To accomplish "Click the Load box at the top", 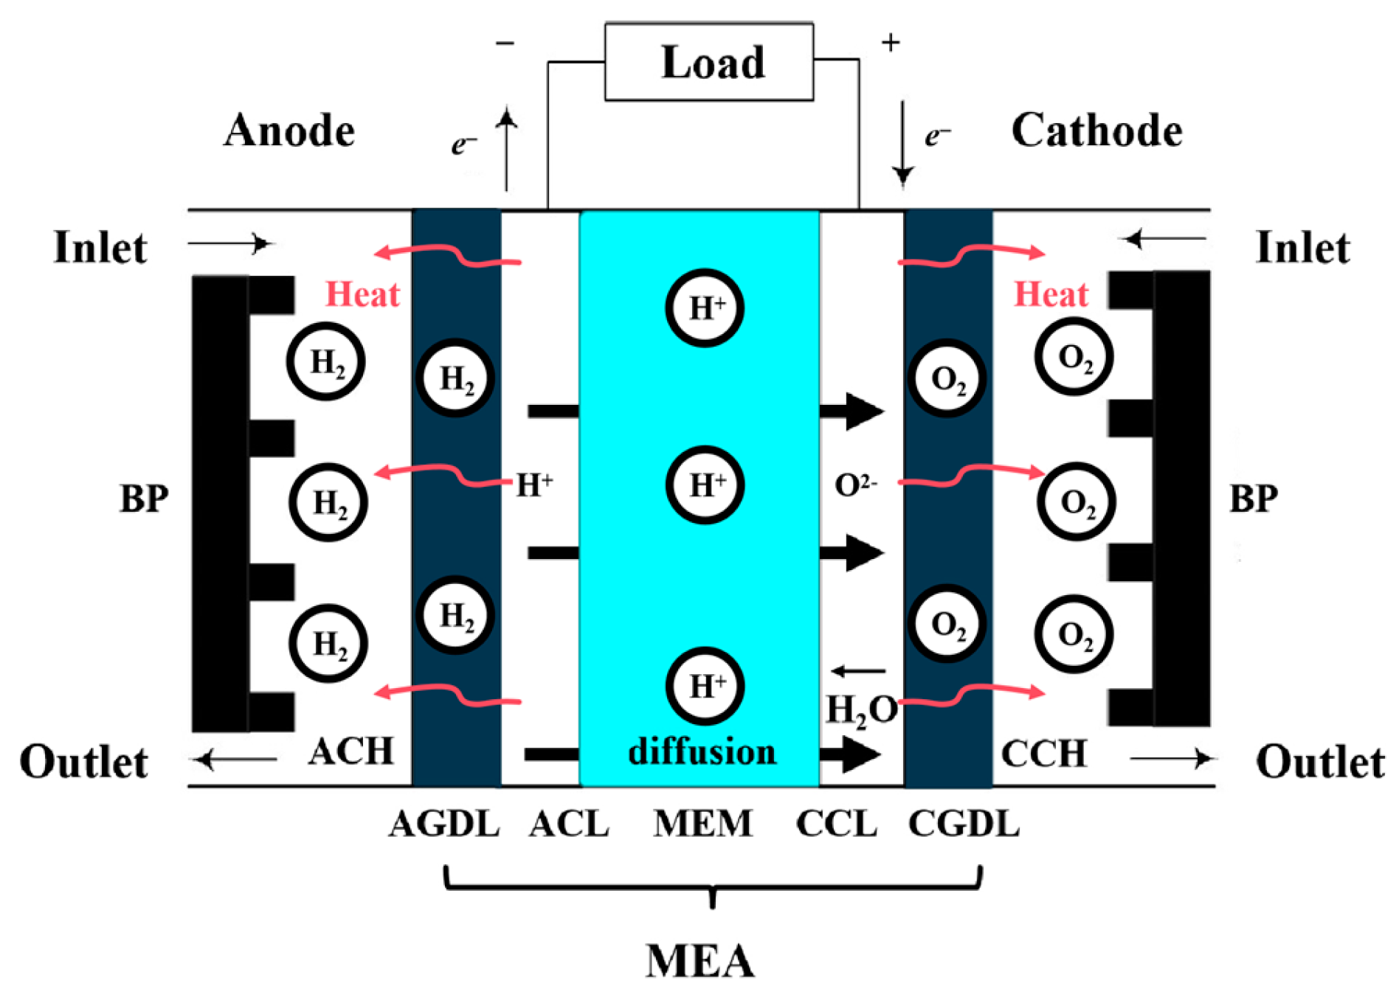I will coord(709,62).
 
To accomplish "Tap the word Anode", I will coord(289,131).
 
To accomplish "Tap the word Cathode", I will coord(1096,131).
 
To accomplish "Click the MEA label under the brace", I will coord(700,961).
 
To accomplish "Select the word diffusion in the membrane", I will coord(702,752).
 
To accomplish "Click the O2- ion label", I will coord(855,485).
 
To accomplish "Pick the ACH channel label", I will coord(351,752).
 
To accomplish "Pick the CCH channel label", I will coord(1043,754).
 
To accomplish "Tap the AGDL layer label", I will coord(445,824).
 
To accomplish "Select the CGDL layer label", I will coord(964,824).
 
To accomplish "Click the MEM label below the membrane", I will coord(702,824).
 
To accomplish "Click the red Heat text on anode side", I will coord(362,294).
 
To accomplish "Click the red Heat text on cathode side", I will coord(1051,294).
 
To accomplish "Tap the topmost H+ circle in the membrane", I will coord(705,308).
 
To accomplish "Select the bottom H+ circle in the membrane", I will coord(705,686).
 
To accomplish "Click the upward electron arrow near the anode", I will coord(506,147).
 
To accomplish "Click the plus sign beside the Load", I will coord(891,43).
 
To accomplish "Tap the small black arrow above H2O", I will coord(858,671).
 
